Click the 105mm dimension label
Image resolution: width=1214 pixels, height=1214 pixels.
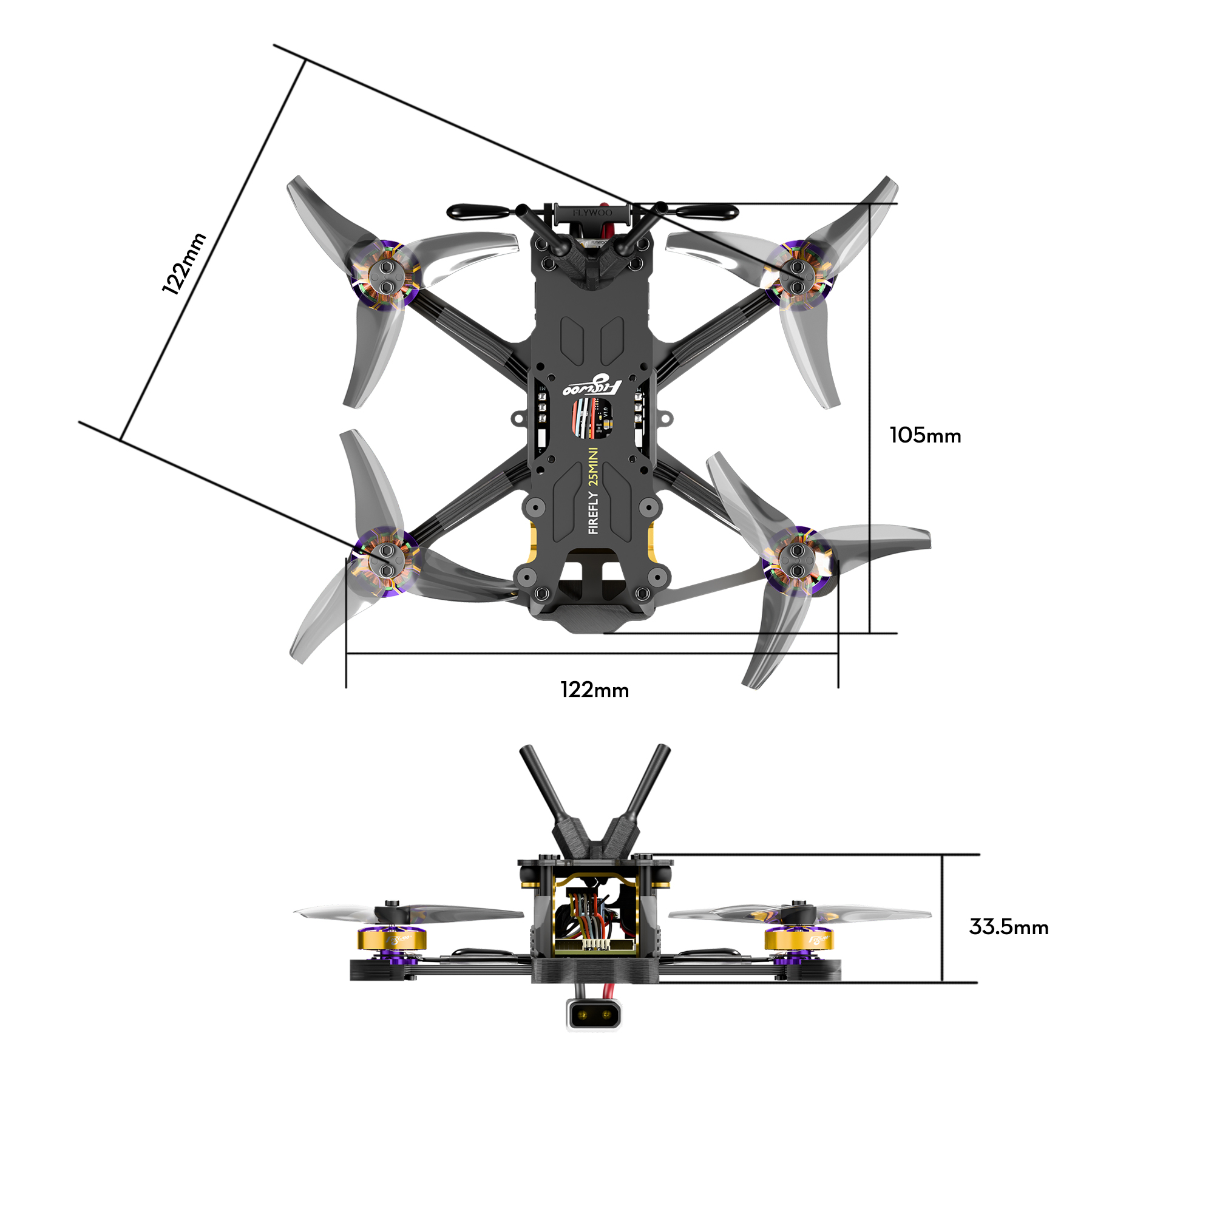pyautogui.click(x=925, y=435)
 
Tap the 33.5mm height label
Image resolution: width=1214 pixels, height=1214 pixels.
pyautogui.click(x=1008, y=927)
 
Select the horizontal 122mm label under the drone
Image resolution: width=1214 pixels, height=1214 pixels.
pyautogui.click(x=594, y=690)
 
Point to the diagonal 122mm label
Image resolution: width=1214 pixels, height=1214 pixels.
pyautogui.click(x=183, y=263)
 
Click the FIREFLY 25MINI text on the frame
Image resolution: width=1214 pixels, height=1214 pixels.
pyautogui.click(x=593, y=492)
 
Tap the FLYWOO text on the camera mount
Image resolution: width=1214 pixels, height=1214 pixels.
pyautogui.click(x=592, y=213)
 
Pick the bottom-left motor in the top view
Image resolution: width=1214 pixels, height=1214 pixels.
pyautogui.click(x=384, y=561)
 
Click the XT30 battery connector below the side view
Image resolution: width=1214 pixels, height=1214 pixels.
pyautogui.click(x=593, y=1015)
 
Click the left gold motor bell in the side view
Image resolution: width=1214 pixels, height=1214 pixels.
pyautogui.click(x=392, y=940)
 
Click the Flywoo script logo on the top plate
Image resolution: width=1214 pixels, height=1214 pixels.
pyautogui.click(x=593, y=385)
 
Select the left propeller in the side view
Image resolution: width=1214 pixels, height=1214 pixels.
pyautogui.click(x=409, y=913)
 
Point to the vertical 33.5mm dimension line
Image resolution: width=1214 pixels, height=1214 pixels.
pyautogui.click(x=942, y=918)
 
